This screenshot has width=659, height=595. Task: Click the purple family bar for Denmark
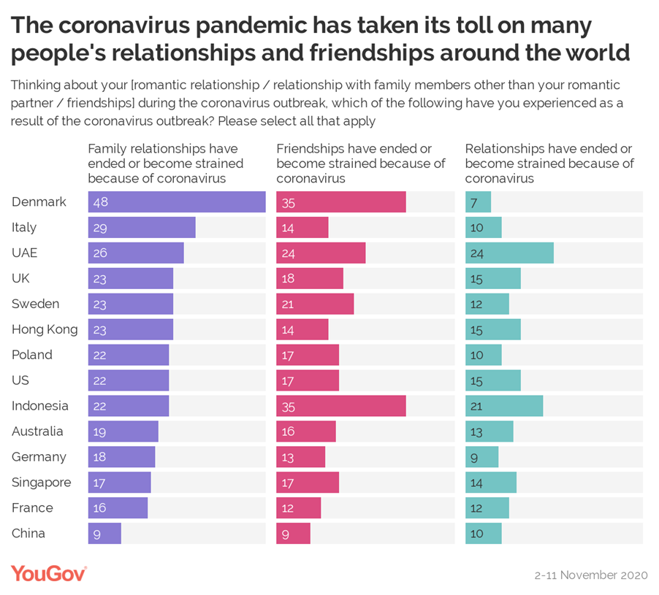coord(177,202)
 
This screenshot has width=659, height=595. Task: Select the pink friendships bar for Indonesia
coord(341,406)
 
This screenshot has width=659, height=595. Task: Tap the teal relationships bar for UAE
coord(509,253)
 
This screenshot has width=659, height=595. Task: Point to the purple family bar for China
coord(104,534)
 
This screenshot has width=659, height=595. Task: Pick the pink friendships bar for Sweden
coord(315,304)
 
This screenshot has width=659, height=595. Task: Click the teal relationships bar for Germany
coord(482,457)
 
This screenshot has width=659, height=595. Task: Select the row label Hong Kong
coord(45,329)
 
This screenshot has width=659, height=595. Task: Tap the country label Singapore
coord(41,483)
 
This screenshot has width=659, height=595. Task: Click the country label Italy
coord(24,227)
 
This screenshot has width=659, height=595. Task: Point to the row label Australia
coord(37,431)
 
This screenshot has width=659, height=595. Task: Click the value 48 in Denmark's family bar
coord(101,202)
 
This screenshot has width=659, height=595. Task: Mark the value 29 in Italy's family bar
coord(100,228)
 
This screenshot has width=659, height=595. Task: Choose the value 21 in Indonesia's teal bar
coord(476,406)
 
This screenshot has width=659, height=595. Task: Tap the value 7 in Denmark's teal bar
coord(474,202)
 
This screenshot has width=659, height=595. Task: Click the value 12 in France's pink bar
coord(288,508)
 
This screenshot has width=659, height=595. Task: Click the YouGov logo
coord(48,574)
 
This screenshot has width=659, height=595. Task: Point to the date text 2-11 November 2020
coord(590,575)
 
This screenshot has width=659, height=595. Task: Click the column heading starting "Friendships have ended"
coord(361,164)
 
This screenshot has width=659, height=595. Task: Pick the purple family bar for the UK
coord(131,278)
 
